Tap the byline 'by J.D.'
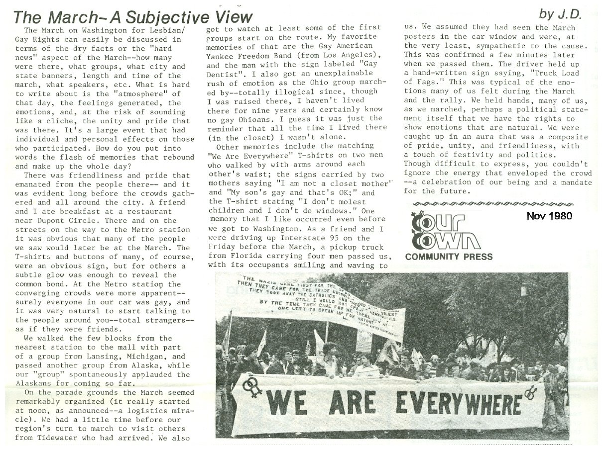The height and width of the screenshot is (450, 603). click(562, 15)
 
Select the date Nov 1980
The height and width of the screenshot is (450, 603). click(549, 216)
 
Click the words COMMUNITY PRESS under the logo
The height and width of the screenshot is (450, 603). click(449, 257)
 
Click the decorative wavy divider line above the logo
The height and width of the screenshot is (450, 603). click(493, 203)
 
